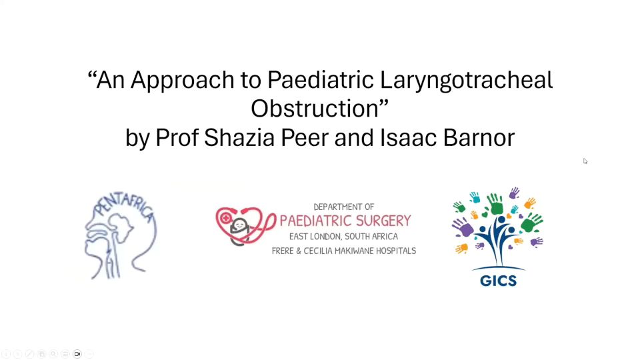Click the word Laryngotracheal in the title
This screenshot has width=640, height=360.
[466, 81]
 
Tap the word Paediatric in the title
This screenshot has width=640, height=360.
[321, 79]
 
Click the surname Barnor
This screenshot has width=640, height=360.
[479, 137]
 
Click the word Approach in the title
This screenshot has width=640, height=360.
[183, 81]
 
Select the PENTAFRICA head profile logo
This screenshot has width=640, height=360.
[121, 236]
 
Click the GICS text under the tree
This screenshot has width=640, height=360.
[499, 281]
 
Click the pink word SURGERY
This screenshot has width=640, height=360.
[383, 221]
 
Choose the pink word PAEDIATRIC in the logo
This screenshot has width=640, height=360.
[315, 221]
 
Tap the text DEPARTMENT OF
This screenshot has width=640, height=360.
[344, 207]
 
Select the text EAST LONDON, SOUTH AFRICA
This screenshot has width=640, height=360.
[344, 236]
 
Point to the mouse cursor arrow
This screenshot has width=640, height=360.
[585, 161]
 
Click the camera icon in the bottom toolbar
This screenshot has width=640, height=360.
[77, 354]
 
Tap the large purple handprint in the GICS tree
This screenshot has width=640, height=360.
[463, 227]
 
